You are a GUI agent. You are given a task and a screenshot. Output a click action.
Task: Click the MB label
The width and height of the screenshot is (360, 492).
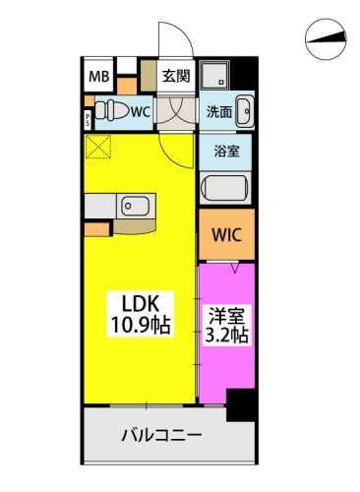coord(99,77)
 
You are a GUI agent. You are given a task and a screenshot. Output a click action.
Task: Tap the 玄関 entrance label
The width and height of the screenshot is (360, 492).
coord(176,77)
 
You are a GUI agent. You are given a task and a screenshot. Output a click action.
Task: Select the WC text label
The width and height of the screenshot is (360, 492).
coord(141,112)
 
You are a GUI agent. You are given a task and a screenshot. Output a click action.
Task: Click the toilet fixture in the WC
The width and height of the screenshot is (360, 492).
coord(112,110)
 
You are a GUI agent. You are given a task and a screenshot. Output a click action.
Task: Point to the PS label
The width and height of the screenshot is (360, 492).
coord(88,119)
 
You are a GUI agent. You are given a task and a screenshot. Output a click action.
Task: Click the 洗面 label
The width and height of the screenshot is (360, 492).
coord(219,112)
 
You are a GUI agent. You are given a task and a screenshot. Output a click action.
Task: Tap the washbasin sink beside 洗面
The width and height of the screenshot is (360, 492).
coord(245,111)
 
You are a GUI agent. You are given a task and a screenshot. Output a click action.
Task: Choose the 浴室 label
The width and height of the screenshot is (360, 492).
coord(226,152)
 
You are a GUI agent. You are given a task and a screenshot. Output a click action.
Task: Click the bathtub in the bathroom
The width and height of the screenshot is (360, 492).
coord(225,188)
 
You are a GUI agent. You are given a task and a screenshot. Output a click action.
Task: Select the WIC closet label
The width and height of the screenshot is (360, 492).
coord(226,234)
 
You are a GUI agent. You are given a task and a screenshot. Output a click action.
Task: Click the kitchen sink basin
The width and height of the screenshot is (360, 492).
coord(136,206)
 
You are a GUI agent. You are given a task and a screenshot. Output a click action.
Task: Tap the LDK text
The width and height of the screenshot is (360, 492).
coord(141,303)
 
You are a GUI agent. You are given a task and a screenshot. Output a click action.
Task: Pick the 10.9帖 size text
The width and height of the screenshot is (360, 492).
coord(141,325)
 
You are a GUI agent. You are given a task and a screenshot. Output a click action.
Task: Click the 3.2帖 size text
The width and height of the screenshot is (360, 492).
coord(226,335)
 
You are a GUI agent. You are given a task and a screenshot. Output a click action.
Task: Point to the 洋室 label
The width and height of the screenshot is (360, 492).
coord(227,317)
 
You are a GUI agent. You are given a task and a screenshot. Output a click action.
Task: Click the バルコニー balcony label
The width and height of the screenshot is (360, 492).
coord(161,435)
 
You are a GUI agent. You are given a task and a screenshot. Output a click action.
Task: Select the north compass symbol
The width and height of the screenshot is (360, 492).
coord(326,39)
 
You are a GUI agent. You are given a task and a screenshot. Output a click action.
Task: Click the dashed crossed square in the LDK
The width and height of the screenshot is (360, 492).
coord(98,147)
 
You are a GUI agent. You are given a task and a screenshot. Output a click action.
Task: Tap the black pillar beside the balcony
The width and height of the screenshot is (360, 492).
coord(240,405)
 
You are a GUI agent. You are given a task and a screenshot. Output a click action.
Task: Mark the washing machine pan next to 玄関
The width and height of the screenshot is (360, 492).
coord(215,75)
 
